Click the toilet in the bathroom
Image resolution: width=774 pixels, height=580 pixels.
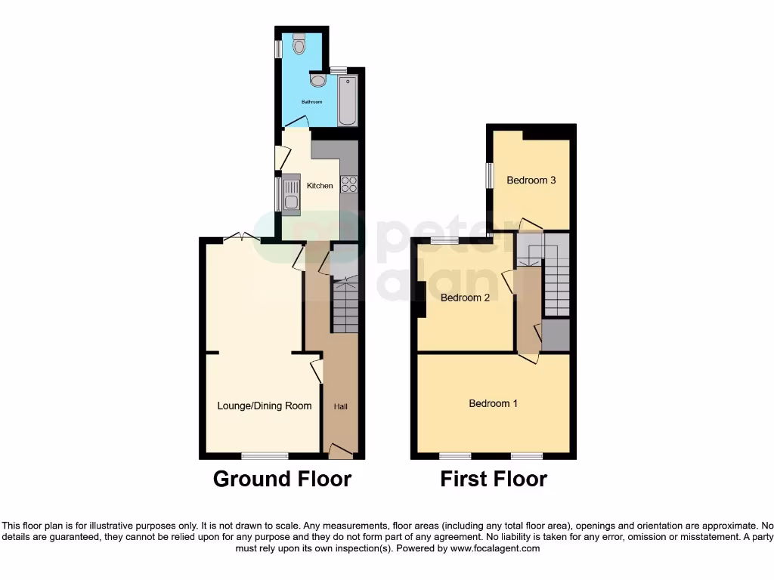pos(299,45)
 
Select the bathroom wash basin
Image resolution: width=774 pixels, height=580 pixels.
pos(318,79)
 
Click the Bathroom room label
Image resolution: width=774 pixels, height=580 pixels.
pos(312,102)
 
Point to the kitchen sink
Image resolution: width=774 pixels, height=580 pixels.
pos(291,194)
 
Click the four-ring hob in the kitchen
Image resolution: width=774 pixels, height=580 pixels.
pos(348,184)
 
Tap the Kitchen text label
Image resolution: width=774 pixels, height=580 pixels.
pos(320,186)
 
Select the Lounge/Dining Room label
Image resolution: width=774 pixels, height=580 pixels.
pos(265,406)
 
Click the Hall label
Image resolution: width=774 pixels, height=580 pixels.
pos(341,407)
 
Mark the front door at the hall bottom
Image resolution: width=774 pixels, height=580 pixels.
pos(340,452)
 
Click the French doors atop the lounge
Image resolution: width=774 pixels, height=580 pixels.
pos(242,237)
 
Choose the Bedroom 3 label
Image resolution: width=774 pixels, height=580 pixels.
pos(531,180)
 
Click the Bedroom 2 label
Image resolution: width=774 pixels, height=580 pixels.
pos(465,298)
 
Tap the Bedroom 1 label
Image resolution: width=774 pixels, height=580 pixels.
pos(494,403)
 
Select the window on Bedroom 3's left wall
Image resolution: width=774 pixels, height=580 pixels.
pos(489,176)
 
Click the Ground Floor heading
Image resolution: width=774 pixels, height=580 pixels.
pos(282,480)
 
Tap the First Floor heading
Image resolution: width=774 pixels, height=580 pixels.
pos(494,480)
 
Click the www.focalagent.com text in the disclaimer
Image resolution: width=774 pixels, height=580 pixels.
pos(495,548)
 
